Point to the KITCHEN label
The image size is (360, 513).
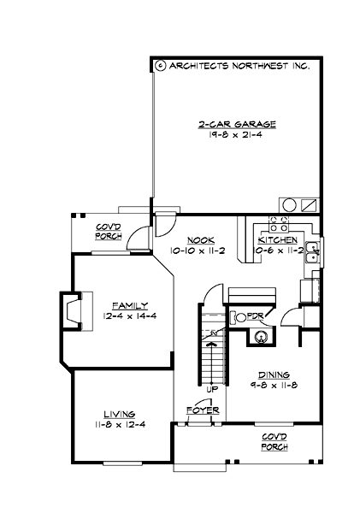click(x=278, y=240)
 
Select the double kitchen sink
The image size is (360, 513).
click(x=314, y=251)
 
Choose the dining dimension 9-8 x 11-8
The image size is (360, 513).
click(x=273, y=386)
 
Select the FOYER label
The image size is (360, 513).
click(x=203, y=411)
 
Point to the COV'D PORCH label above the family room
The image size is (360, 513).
click(x=109, y=232)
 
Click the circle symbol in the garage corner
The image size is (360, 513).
click(x=288, y=204)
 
